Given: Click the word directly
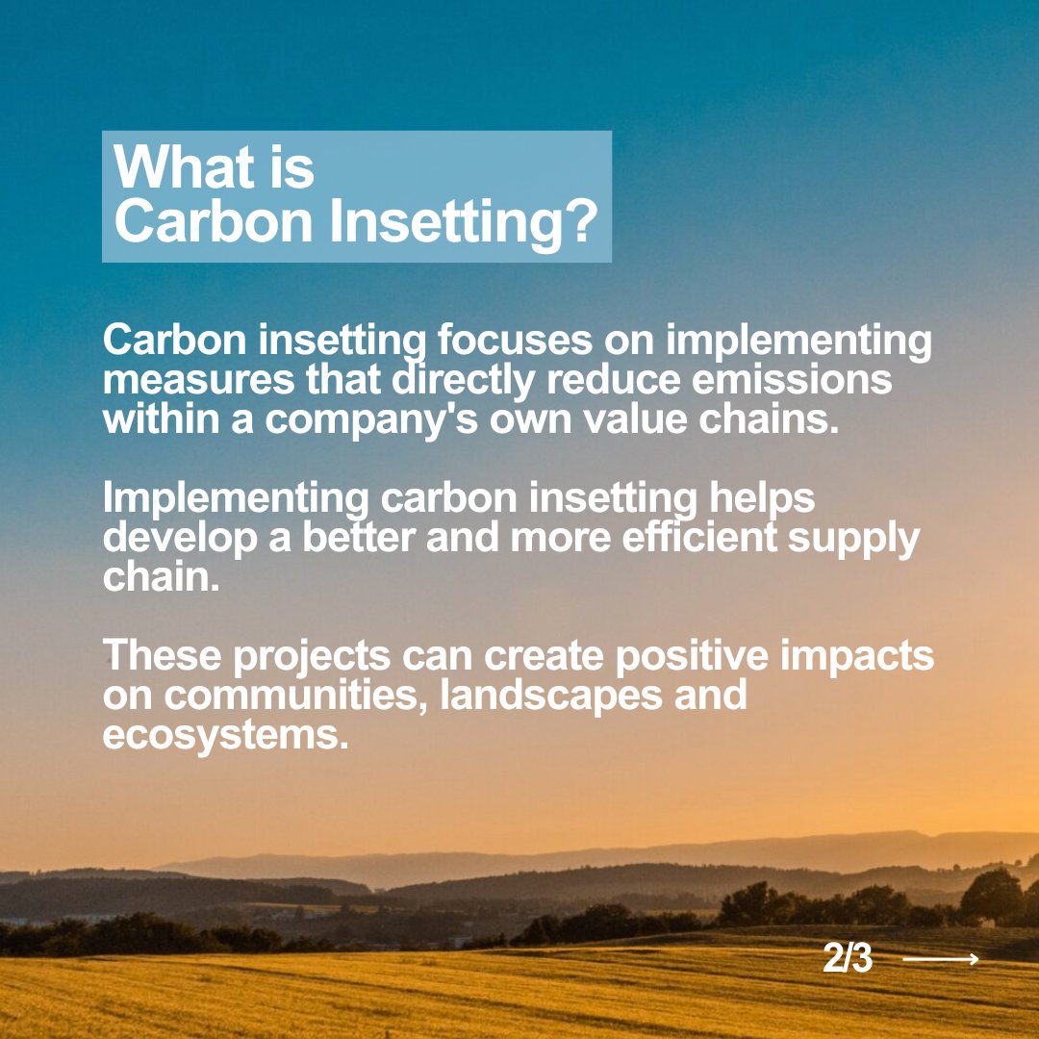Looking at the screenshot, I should pyautogui.click(x=463, y=381).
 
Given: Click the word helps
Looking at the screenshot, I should pyautogui.click(x=761, y=499).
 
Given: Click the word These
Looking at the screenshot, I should pyautogui.click(x=161, y=657).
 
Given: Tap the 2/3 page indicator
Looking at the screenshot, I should pyautogui.click(x=848, y=959).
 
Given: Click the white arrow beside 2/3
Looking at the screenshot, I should pyautogui.click(x=941, y=959).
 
